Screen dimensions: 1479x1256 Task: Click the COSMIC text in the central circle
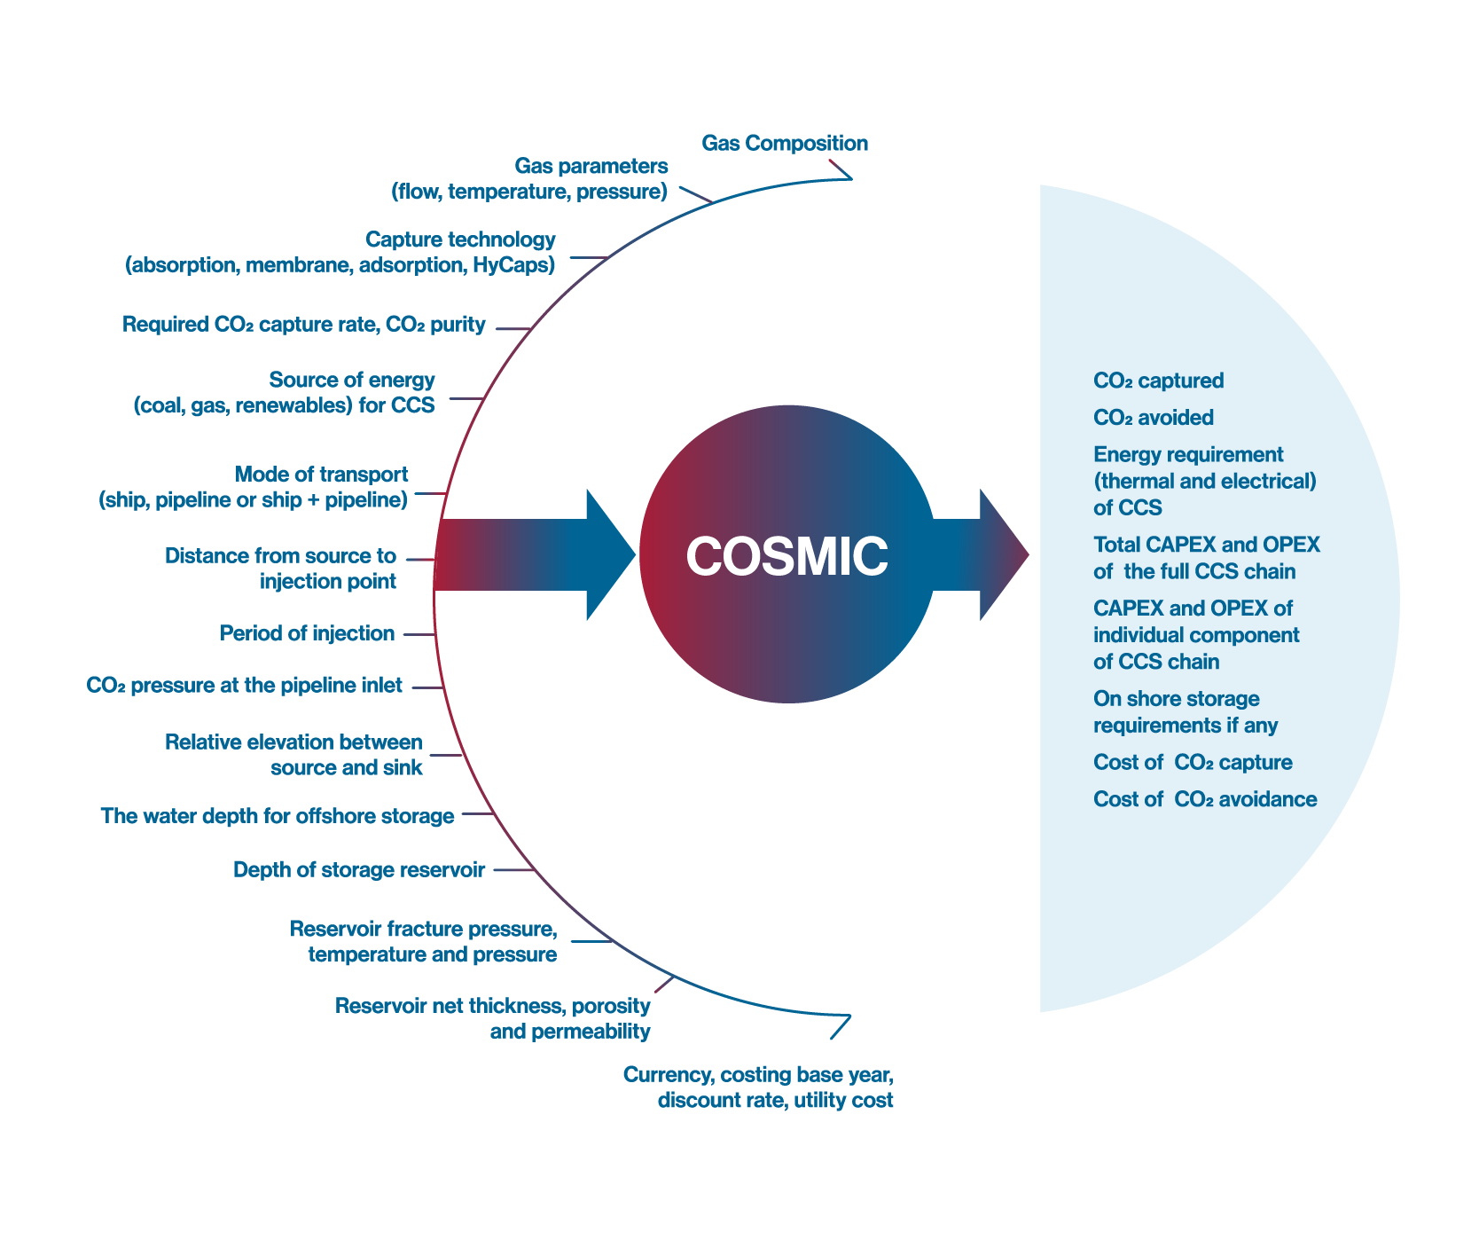(786, 556)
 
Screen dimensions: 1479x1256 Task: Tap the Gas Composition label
(785, 143)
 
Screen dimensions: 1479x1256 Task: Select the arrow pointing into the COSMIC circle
(536, 554)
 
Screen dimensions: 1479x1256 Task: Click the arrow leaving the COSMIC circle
(981, 554)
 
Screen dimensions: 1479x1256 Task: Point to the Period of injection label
(307, 633)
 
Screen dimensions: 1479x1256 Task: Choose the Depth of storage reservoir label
(359, 869)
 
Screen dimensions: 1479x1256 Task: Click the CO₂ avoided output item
(1154, 418)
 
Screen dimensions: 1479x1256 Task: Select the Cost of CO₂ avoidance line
(1205, 799)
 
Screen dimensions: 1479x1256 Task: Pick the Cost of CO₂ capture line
(1193, 762)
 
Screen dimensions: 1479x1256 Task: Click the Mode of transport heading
(321, 474)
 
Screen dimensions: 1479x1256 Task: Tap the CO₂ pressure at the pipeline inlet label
(245, 686)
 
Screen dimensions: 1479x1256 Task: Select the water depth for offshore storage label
(278, 815)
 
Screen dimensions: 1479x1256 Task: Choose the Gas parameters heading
(591, 166)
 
